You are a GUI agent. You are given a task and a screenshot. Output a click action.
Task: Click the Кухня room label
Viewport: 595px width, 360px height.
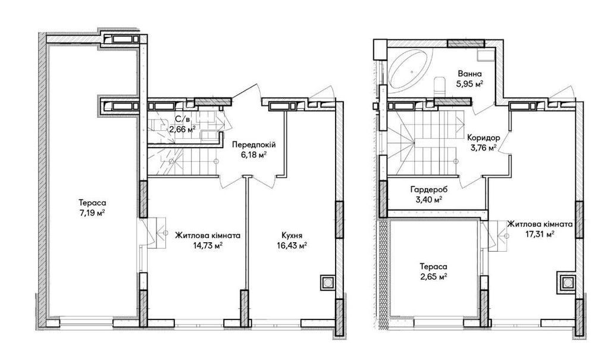click(292, 235)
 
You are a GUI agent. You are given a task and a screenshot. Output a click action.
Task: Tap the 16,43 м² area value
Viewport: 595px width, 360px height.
click(292, 245)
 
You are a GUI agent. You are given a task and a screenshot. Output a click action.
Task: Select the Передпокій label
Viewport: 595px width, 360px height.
click(253, 145)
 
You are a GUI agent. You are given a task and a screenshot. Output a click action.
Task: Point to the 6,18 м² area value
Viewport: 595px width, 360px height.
click(253, 154)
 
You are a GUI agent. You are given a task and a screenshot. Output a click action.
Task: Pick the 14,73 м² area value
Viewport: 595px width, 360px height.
click(208, 245)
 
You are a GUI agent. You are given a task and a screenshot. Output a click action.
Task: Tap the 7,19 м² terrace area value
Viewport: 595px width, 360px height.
click(92, 213)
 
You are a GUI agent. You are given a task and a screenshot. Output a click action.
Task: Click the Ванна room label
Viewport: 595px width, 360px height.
click(470, 74)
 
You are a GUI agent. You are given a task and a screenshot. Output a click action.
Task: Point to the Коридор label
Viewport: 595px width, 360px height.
click(484, 137)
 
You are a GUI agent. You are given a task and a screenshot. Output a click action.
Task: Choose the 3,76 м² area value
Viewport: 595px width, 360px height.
click(484, 148)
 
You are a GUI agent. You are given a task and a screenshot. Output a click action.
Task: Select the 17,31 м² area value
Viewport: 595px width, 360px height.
click(540, 234)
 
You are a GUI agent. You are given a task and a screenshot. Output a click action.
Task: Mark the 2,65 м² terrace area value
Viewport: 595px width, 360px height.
click(433, 277)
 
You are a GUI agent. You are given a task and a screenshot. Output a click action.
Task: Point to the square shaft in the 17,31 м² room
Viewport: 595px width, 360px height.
click(567, 283)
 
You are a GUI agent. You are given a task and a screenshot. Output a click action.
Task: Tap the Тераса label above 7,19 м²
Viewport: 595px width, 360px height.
click(92, 203)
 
